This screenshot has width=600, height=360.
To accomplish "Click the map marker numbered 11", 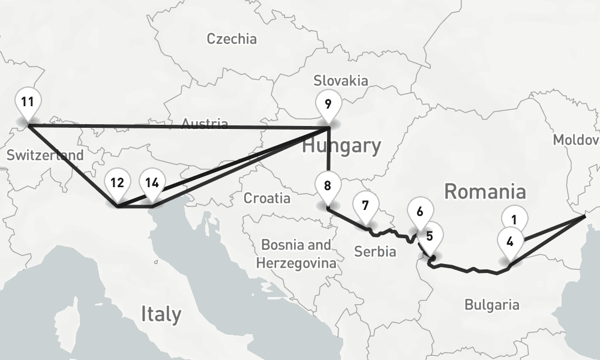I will coord(27,103).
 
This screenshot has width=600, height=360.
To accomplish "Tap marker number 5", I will coord(430,236).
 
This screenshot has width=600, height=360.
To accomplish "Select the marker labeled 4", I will coord(509,243).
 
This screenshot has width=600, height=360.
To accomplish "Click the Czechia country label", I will coord(232,39).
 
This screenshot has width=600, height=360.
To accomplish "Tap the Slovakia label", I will coord(341,80).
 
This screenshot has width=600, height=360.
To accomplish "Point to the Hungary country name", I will coord(341,146).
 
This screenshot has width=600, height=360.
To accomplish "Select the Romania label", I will coord(485,192).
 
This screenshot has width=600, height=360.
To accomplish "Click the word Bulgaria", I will coord(492,305).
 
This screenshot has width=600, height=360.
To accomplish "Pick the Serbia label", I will coord(375,251).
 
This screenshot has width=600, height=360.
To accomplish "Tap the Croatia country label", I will coord(267,198).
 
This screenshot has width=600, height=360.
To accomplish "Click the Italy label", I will coord(161,314).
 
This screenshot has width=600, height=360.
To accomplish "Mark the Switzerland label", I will coord(45,155).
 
